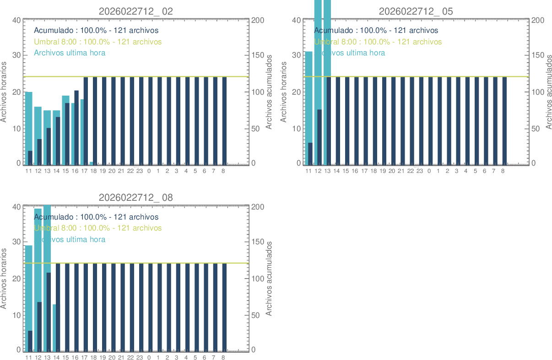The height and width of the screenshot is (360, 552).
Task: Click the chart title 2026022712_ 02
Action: tap(136, 11)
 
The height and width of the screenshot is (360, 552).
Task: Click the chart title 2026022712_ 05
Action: tap(416, 11)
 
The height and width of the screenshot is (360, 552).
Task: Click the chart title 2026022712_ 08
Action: tap(136, 198)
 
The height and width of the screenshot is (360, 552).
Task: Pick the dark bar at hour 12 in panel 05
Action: tap(319, 137)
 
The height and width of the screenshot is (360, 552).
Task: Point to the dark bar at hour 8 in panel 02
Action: tap(224, 121)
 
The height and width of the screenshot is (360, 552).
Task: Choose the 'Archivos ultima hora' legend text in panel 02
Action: tap(70, 53)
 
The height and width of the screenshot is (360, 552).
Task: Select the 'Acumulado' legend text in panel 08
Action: tap(96, 217)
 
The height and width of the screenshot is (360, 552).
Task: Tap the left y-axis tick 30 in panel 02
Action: tap(16, 55)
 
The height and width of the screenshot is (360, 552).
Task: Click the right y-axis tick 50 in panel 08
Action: tap(256, 315)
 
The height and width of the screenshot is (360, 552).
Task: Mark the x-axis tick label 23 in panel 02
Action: tap(140, 171)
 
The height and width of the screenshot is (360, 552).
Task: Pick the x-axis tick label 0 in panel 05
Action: tap(429, 171)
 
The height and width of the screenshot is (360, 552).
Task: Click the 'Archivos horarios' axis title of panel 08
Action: tap(4, 278)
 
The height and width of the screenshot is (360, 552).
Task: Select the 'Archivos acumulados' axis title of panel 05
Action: tap(548, 91)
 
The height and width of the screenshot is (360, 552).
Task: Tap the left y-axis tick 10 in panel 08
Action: tap(16, 315)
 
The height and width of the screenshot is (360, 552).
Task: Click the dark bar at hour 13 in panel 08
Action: tap(49, 311)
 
